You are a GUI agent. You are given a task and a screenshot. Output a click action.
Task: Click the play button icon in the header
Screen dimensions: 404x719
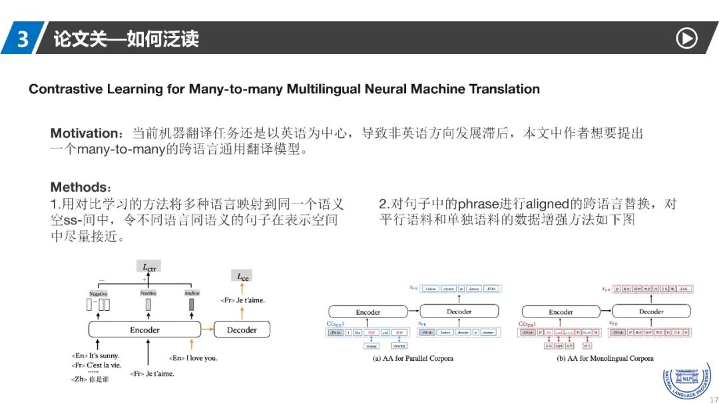(686, 39)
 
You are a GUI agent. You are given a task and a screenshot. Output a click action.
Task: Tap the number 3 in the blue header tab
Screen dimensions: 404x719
(23, 39)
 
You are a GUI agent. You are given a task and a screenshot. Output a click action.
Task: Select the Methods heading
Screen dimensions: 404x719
(77, 187)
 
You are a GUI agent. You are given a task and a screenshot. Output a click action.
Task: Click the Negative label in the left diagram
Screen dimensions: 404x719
(99, 294)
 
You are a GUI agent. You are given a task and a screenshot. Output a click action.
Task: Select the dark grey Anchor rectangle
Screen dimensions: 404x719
(192, 305)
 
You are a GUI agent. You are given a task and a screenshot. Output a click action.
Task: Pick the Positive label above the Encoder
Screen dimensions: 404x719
(148, 294)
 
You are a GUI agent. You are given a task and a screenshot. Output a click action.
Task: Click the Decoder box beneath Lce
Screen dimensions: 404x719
(242, 329)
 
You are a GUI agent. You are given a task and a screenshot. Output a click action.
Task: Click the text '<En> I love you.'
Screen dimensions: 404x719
(193, 358)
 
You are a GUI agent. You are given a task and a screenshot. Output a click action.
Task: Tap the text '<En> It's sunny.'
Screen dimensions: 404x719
(95, 356)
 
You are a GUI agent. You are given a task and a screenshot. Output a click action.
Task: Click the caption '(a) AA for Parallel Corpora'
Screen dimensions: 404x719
(413, 358)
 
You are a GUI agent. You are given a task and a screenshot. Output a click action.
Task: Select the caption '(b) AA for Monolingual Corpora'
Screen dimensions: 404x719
(605, 358)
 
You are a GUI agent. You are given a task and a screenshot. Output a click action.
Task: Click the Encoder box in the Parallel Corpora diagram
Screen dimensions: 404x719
(367, 311)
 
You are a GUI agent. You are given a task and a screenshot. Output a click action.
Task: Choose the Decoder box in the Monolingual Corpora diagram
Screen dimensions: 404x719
(651, 311)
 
